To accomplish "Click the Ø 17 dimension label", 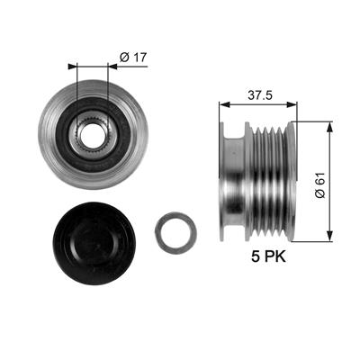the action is (133, 57).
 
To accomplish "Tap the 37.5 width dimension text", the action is (260, 95).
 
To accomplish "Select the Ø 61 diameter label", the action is (319, 185).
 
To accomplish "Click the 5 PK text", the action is (268, 256).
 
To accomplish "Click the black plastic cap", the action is (94, 244).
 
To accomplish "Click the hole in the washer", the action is (176, 233).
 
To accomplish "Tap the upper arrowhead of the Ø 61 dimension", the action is (329, 127).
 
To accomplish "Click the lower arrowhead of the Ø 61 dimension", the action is (329, 236).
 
